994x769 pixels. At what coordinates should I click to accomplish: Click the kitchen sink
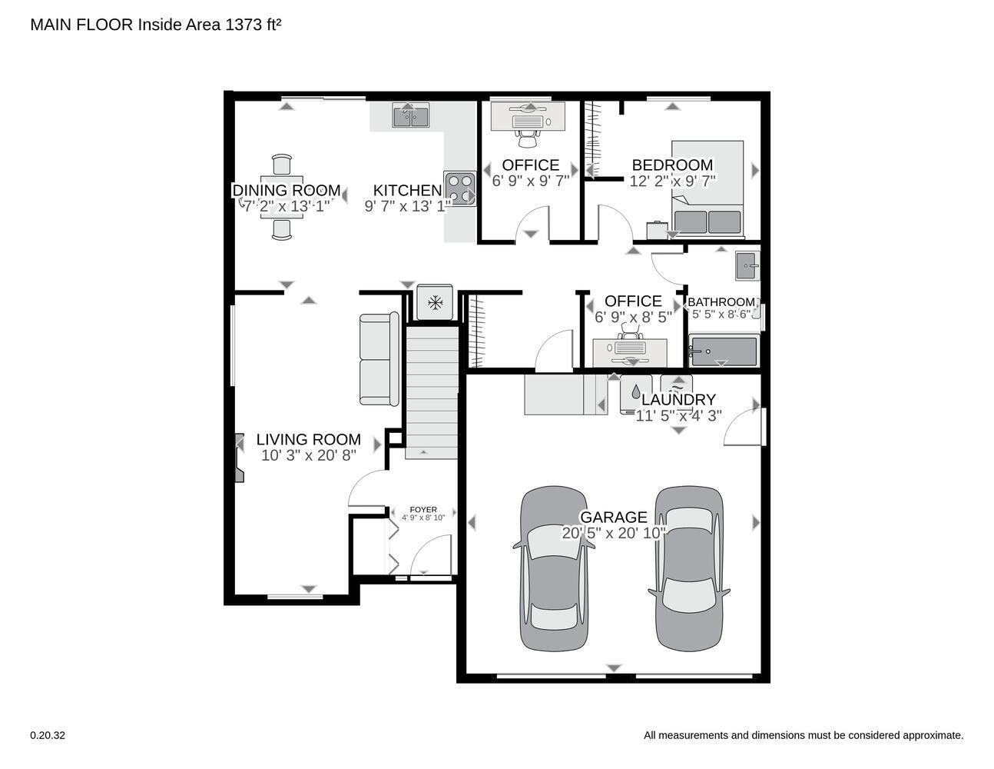pos(411,115)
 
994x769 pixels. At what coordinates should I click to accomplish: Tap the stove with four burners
pos(459,188)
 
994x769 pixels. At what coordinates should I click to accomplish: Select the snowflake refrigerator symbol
pos(435,302)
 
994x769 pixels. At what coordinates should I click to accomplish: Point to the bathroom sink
pos(747,266)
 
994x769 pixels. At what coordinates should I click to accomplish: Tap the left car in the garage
pos(554,568)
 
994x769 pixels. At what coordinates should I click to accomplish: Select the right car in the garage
pos(689,568)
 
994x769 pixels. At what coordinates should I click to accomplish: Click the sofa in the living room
pos(379,359)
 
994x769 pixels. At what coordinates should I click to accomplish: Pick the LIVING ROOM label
pos(308,439)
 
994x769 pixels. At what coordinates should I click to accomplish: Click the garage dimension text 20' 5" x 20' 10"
pos(614,533)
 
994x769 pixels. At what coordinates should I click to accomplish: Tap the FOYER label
pos(423,509)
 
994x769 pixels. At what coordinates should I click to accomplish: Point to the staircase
pos(432,392)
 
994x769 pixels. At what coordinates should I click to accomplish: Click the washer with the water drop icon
pos(636,394)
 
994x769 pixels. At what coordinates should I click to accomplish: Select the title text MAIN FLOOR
pos(81,25)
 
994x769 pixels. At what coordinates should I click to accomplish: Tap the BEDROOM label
pos(672,165)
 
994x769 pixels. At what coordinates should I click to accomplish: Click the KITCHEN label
pos(407,190)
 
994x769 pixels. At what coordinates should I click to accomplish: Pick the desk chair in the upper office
pos(528,138)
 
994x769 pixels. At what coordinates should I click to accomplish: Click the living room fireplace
pos(239,458)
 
